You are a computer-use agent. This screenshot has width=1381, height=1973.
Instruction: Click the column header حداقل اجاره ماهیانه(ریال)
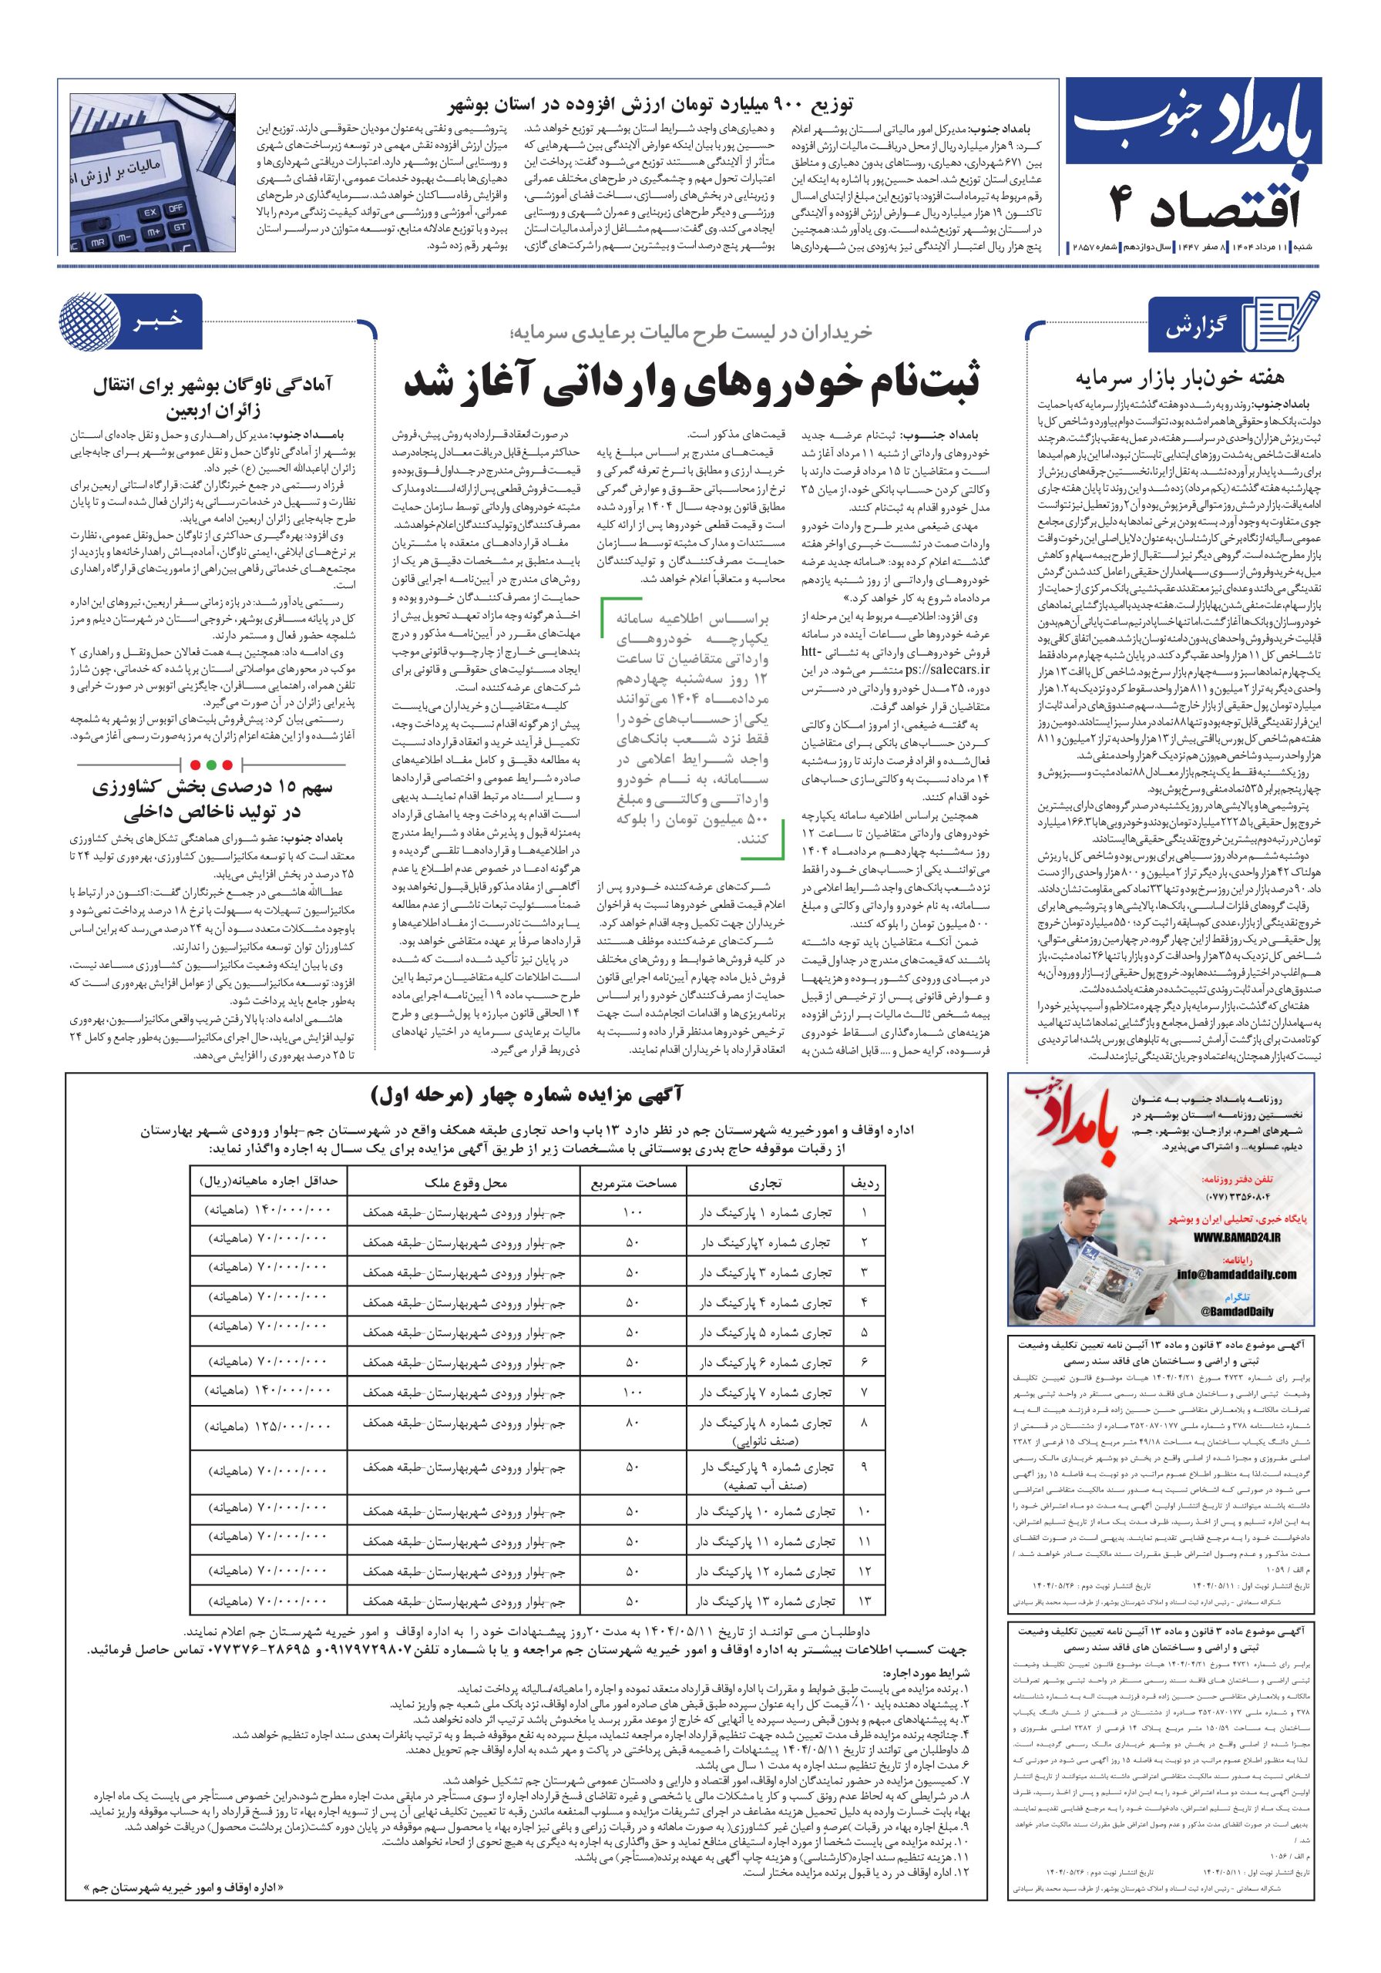coord(262,1182)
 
